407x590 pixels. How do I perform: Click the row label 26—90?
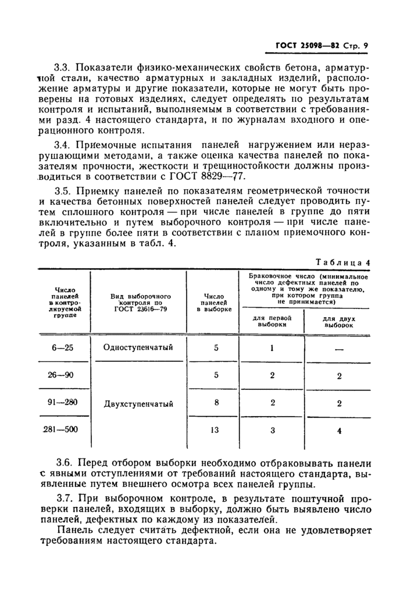[61, 375]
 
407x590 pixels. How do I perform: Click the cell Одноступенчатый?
[138, 348]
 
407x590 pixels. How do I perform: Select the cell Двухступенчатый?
[138, 403]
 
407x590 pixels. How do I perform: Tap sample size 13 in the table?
[216, 429]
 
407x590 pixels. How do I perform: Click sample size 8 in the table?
[216, 402]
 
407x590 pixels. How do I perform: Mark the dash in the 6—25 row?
[339, 349]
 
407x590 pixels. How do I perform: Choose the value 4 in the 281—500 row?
[339, 431]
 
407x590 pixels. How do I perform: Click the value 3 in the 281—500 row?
[272, 429]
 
